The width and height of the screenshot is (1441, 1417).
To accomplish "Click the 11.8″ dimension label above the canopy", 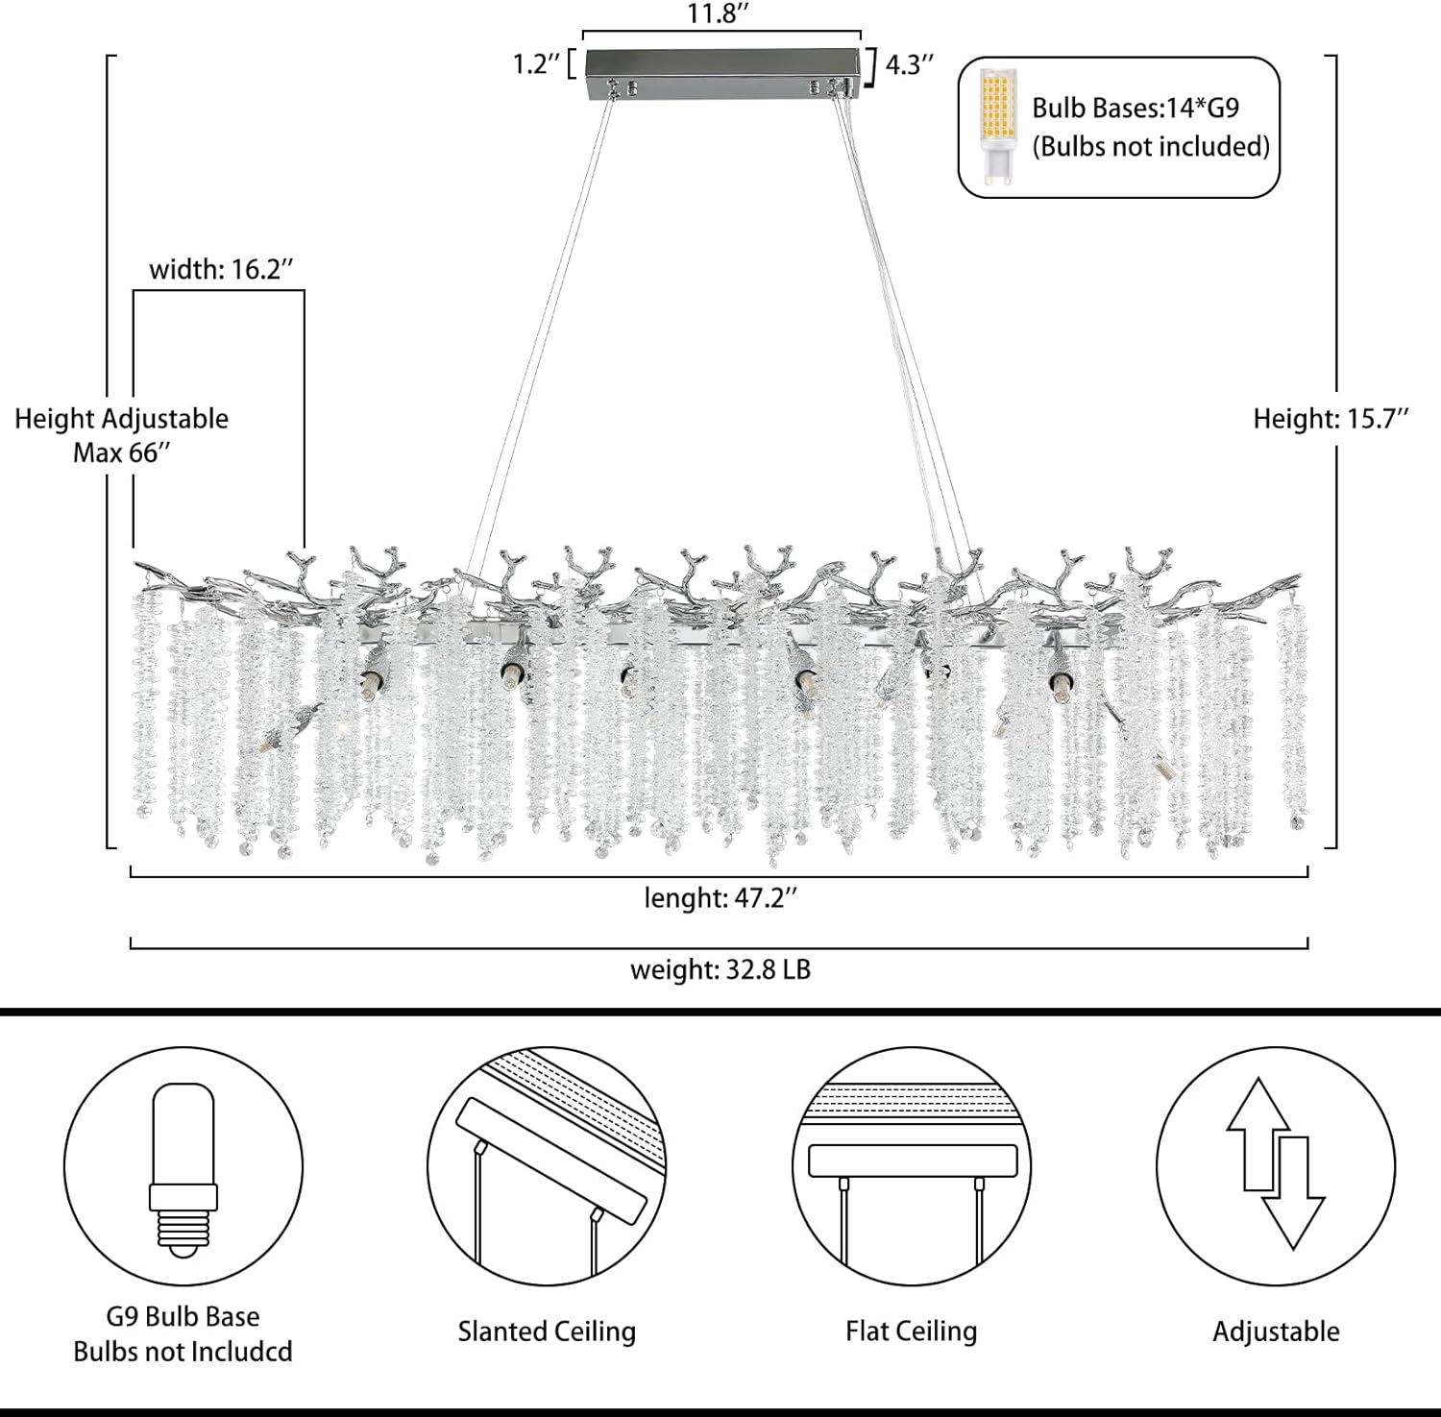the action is click(718, 13).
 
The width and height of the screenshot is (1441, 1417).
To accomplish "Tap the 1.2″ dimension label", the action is click(535, 64).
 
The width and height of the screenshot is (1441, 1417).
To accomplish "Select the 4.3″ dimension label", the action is click(909, 64).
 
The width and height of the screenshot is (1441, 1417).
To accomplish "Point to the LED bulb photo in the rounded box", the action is click(998, 127).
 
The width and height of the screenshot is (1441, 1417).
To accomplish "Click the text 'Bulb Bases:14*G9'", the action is click(1136, 108).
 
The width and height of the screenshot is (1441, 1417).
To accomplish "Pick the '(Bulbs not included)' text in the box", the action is click(1151, 146).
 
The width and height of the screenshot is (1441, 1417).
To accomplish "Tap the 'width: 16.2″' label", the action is click(221, 269).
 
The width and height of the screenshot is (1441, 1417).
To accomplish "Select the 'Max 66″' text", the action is click(122, 452).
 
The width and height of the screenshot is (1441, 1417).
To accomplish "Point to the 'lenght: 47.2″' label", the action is click(720, 898).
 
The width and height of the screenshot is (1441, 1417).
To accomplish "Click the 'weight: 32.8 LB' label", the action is click(720, 969).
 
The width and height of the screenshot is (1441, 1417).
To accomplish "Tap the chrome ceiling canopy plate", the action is click(721, 72).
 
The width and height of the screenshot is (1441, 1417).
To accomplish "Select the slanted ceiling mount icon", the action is click(547, 1166).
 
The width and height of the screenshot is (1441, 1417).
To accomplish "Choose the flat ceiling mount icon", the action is click(912, 1166).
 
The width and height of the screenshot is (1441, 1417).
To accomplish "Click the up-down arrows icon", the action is click(1276, 1163).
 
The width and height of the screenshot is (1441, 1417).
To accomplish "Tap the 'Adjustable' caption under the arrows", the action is click(1276, 1331).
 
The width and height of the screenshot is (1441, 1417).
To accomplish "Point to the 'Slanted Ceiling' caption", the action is click(547, 1331).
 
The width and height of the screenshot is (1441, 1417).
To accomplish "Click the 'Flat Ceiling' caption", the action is click(912, 1331).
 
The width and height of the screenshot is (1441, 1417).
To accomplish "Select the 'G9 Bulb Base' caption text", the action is click(183, 1316).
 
